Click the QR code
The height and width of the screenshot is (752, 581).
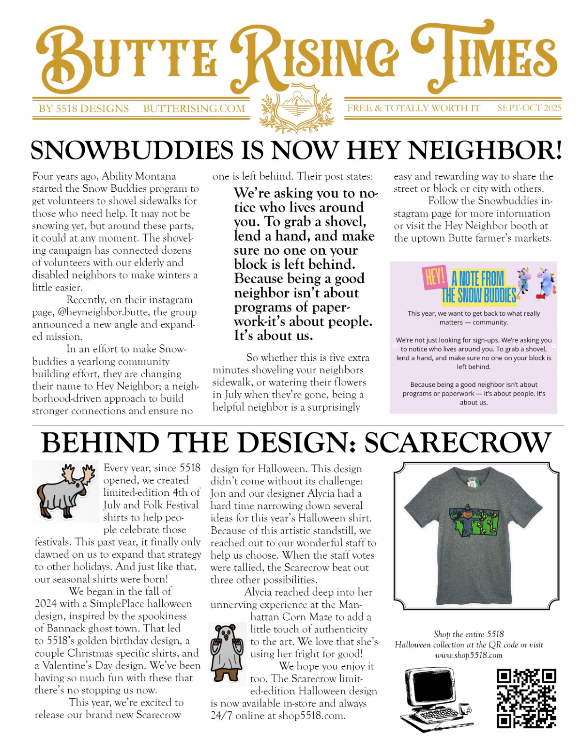coord(526,698)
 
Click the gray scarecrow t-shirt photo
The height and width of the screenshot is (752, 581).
coord(476,535)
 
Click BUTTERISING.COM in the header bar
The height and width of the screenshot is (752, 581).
coord(194,108)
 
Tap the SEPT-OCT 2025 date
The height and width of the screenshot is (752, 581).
coord(529,108)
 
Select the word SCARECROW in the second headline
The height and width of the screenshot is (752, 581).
coord(458,443)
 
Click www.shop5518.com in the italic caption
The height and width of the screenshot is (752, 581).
coord(469,656)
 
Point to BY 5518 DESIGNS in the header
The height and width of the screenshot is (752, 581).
coord(84,108)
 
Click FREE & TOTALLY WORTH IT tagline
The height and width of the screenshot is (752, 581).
coord(413,108)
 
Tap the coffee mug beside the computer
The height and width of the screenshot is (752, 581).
coord(465,708)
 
